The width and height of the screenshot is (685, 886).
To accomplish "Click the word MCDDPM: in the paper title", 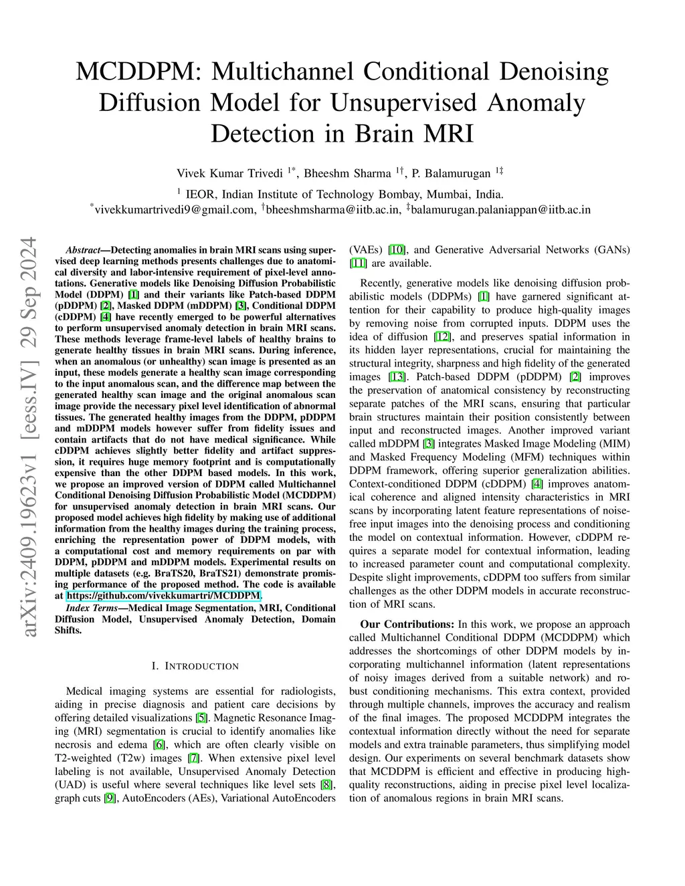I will [x=138, y=72].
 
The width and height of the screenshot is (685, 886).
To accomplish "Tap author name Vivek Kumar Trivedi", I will [x=229, y=174].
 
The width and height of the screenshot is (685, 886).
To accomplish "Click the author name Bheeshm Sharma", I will [x=347, y=174].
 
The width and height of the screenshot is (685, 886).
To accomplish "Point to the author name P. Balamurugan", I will [x=451, y=174].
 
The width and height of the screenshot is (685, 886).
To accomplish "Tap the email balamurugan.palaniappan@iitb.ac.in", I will [x=501, y=210].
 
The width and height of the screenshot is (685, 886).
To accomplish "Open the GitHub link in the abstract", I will [x=164, y=596].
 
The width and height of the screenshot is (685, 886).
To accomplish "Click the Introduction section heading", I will [x=195, y=666].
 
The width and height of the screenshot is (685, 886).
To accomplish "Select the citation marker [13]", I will [x=397, y=377].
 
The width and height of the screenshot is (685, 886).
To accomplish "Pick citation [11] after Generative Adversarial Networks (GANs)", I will [x=358, y=263].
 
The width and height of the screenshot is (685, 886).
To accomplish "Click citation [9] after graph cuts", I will [x=110, y=798].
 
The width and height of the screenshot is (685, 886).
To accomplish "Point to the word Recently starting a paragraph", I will [x=381, y=284].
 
